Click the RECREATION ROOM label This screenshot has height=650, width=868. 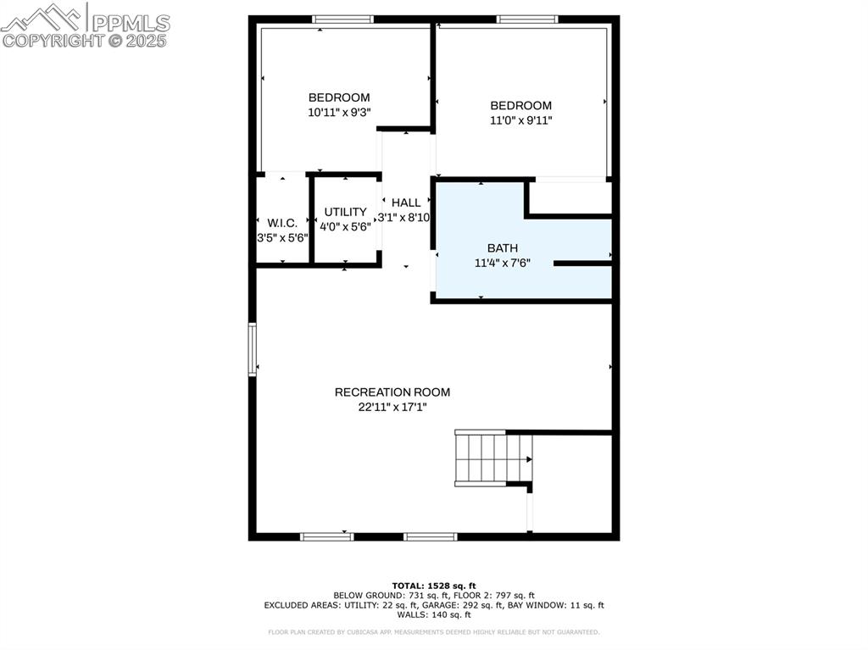pyautogui.click(x=392, y=392)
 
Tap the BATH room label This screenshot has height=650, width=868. pyautogui.click(x=503, y=248)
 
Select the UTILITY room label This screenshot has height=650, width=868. pyautogui.click(x=345, y=213)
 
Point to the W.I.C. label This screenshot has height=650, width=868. pyautogui.click(x=282, y=223)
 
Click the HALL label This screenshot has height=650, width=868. pyautogui.click(x=406, y=203)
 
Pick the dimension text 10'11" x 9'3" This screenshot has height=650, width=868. pyautogui.click(x=339, y=112)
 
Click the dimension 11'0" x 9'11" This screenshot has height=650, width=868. pyautogui.click(x=520, y=120)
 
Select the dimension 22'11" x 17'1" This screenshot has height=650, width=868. pyautogui.click(x=392, y=407)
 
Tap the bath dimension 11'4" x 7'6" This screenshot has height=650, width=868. pyautogui.click(x=503, y=263)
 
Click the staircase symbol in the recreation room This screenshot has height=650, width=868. pyautogui.click(x=492, y=458)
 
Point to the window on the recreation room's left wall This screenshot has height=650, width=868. pyautogui.click(x=253, y=349)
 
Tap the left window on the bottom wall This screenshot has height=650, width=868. pyautogui.click(x=327, y=536)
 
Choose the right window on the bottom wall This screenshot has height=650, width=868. pyautogui.click(x=431, y=536)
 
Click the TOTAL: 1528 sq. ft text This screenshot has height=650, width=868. pyautogui.click(x=434, y=586)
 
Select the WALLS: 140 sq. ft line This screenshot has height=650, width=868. pyautogui.click(x=434, y=614)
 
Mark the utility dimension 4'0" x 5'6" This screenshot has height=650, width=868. pyautogui.click(x=345, y=227)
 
